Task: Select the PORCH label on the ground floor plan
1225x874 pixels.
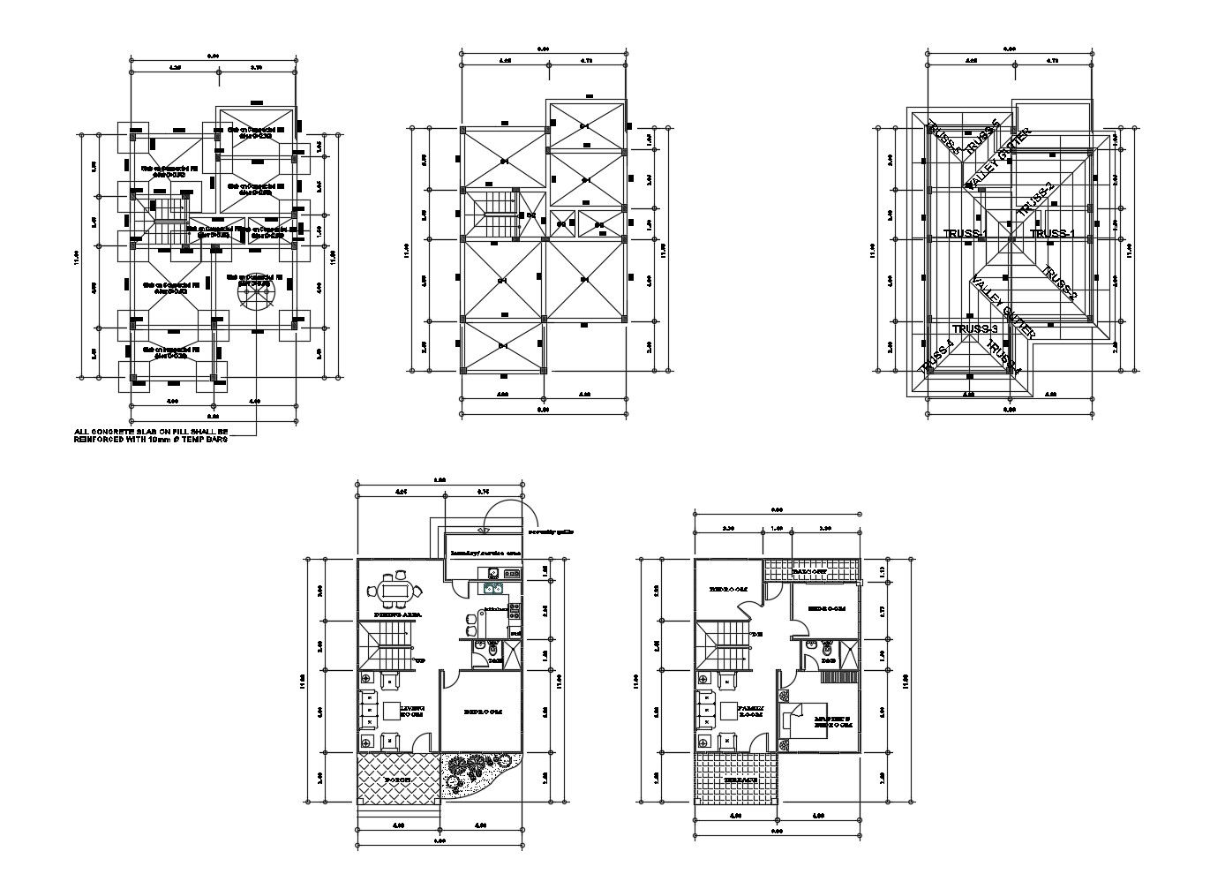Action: click(x=397, y=780)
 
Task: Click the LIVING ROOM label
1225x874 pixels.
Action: click(x=412, y=711)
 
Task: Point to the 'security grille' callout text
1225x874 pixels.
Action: click(x=552, y=532)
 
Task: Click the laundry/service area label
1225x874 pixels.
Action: click(x=485, y=553)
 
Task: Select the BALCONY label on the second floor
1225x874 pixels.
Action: click(x=808, y=571)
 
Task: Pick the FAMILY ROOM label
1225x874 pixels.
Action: click(x=752, y=711)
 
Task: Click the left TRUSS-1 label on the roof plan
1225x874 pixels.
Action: click(x=965, y=233)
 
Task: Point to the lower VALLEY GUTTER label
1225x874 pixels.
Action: click(x=1003, y=307)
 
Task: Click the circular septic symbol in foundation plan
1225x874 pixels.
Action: click(x=255, y=291)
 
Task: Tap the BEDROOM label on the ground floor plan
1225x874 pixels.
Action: click(x=483, y=711)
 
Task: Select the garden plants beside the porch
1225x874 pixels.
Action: click(x=476, y=772)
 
